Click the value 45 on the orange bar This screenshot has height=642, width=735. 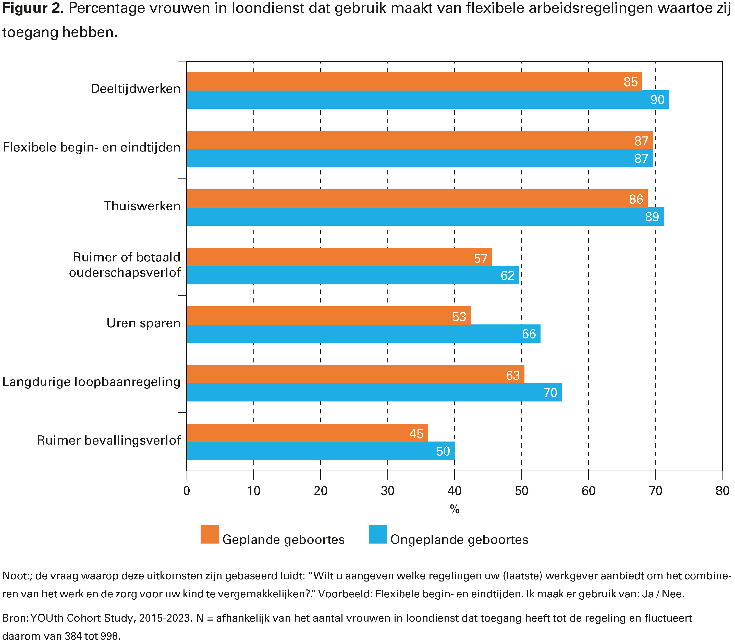pos(416,434)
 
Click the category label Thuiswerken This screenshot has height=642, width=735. pos(142,206)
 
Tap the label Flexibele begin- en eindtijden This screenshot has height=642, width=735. pos(92,147)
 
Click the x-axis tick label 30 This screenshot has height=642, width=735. pos(387,491)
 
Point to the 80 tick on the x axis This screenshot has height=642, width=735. pos(722,491)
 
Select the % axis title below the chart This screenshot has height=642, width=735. pos(455,509)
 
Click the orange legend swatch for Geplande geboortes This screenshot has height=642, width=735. pos(210,535)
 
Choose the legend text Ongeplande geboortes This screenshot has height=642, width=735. pos(459,539)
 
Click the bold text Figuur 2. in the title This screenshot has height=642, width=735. pos(33,8)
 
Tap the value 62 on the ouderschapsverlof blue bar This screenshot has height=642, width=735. pos(507,275)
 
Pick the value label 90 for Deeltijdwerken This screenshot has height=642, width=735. pos(657,99)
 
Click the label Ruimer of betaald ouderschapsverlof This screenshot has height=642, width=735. pos(125,265)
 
